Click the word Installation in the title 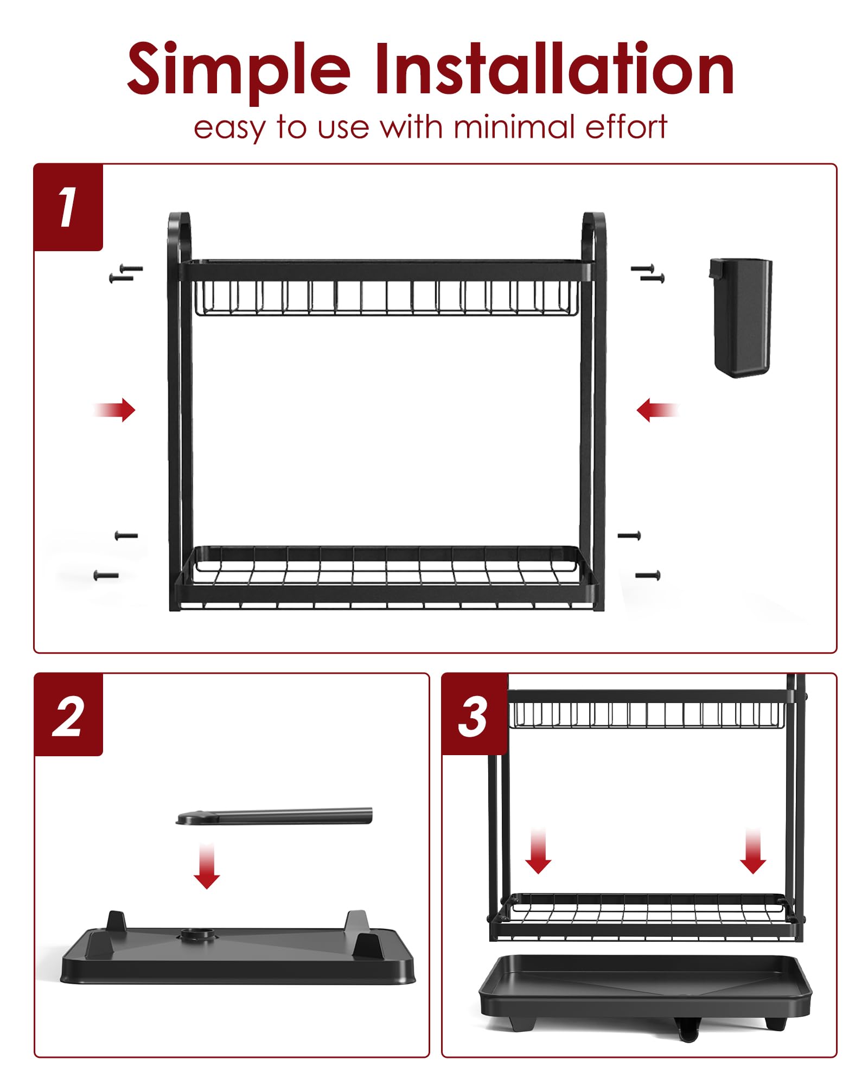[x=553, y=69]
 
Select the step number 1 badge [x=68, y=207]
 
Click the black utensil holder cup [x=741, y=317]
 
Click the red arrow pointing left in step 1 [x=656, y=410]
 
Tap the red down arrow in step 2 [x=207, y=866]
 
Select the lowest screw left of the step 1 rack [x=106, y=576]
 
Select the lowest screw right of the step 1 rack [x=648, y=575]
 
